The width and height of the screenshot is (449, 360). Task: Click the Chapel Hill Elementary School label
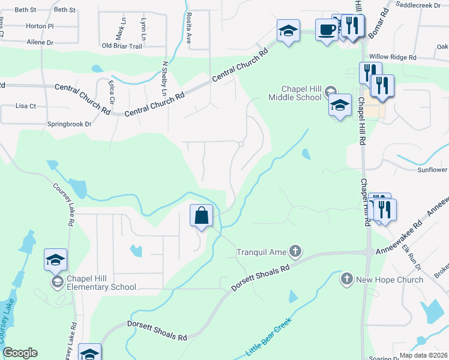coord(101,283)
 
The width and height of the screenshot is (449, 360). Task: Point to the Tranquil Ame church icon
coord(295,250)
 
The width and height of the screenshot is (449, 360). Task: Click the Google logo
coord(20,353)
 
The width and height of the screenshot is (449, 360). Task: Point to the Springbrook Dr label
coord(69,124)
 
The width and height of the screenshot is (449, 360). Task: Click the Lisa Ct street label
coord(26,106)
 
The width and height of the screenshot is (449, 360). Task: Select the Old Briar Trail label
coord(122,46)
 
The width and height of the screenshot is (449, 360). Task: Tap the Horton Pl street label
coord(40,26)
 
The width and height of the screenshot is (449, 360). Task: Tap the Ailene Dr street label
coord(40,43)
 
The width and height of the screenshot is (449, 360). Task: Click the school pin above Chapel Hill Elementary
coord(55,260)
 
